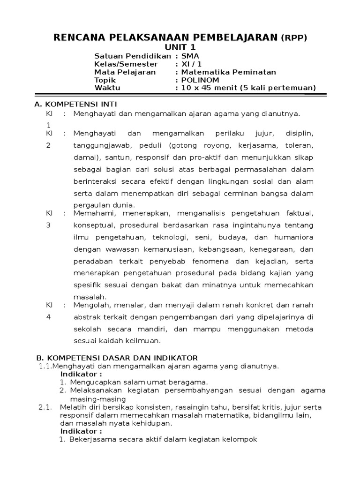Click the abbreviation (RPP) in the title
point(294,38)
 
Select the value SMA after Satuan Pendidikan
point(190,56)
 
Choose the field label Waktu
point(107,88)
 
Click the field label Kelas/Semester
point(126,64)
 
